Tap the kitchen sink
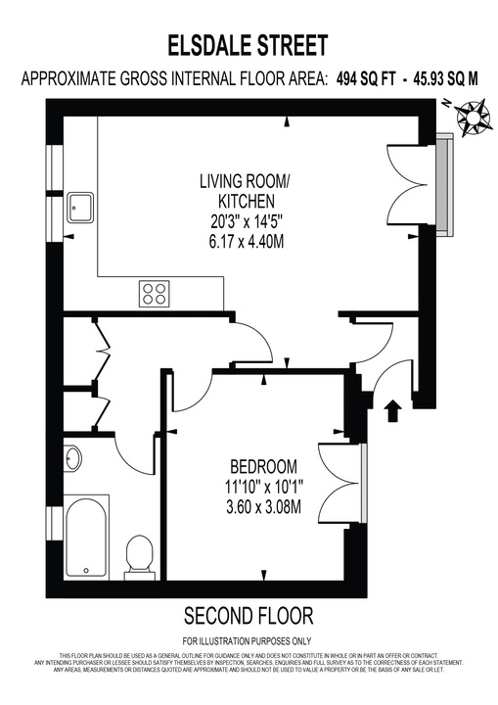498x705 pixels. pyautogui.click(x=80, y=208)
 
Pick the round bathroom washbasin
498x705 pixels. pyautogui.click(x=73, y=458)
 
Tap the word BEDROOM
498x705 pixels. pyautogui.click(x=264, y=465)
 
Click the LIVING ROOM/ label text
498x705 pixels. pyautogui.click(x=245, y=181)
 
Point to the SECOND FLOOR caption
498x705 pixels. pyautogui.click(x=249, y=615)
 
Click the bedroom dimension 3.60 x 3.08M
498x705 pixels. pyautogui.click(x=264, y=506)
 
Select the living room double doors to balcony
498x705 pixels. pyautogui.click(x=403, y=182)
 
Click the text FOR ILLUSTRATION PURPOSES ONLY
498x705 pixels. pyautogui.click(x=249, y=640)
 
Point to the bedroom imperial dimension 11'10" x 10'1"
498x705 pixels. pyautogui.click(x=264, y=486)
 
